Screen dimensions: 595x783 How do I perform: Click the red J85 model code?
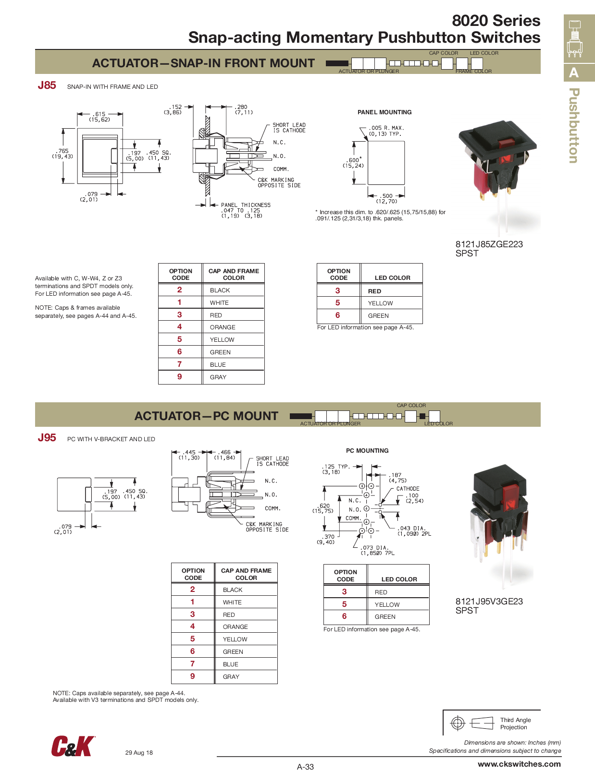tap(47, 85)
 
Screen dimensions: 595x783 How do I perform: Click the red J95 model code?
tap(47, 438)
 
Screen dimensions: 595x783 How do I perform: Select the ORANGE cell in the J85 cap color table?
tap(223, 327)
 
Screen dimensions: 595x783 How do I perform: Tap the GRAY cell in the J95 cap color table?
tap(231, 677)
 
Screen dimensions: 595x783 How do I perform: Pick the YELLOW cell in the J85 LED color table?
tap(380, 303)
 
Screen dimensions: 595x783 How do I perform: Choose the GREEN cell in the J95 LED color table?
tap(385, 617)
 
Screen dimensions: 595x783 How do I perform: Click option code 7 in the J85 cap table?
tap(180, 364)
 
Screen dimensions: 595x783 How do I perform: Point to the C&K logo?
tap(73, 746)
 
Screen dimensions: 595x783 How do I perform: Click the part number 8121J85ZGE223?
tap(489, 244)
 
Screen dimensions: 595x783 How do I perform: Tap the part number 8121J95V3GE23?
tap(489, 602)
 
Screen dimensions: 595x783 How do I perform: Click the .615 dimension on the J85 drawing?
tap(100, 114)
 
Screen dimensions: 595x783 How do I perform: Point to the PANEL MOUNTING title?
tap(384, 112)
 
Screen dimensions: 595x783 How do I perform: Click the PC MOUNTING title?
tap(367, 450)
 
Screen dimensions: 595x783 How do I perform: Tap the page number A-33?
tap(305, 767)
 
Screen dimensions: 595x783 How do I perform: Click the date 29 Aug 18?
tap(139, 753)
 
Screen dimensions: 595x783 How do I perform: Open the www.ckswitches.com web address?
tap(519, 764)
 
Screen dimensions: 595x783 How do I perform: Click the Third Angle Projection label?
tap(515, 724)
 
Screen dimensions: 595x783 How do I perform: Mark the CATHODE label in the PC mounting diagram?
tap(408, 489)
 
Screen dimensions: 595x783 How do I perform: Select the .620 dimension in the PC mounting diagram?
tap(324, 506)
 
